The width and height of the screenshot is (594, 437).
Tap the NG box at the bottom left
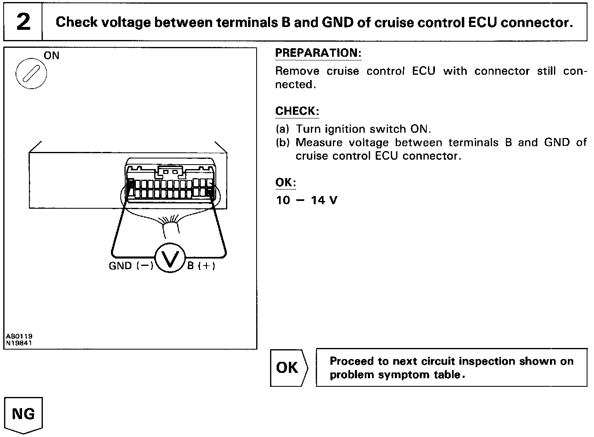click(23, 414)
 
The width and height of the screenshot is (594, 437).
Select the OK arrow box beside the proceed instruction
click(288, 368)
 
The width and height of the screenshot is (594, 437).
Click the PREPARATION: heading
click(318, 53)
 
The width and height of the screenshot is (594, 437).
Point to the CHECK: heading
click(297, 111)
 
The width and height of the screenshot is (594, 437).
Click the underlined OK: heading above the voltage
click(286, 183)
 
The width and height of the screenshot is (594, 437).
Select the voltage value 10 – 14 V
click(307, 201)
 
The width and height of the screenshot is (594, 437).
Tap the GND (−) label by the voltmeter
click(131, 266)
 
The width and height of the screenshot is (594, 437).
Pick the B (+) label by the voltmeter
click(201, 266)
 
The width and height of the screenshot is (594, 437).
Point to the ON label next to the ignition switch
click(51, 56)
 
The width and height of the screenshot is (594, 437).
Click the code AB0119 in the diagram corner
click(19, 336)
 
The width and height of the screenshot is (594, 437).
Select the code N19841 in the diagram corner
click(19, 343)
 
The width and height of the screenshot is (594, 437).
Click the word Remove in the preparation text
click(297, 71)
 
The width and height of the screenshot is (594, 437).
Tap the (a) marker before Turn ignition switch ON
click(282, 129)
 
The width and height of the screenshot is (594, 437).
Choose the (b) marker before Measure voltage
click(282, 143)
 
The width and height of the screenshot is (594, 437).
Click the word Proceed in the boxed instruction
click(351, 361)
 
